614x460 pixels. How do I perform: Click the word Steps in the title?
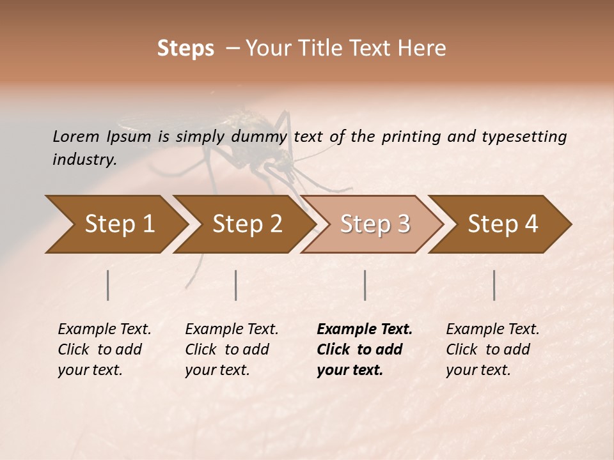pyautogui.click(x=185, y=49)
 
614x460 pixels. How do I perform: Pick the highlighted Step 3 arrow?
pyautogui.click(x=374, y=224)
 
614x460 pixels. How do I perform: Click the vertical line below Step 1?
pyautogui.click(x=107, y=285)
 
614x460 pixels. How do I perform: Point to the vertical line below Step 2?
pyautogui.click(x=236, y=285)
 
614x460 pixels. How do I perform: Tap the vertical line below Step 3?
pyautogui.click(x=365, y=285)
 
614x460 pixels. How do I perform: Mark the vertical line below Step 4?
pyautogui.click(x=494, y=285)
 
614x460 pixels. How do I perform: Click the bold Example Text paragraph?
pyautogui.click(x=365, y=349)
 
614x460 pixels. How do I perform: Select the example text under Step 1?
pyautogui.click(x=104, y=349)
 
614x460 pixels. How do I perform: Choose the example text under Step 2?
pyautogui.click(x=232, y=349)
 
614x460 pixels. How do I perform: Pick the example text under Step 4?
pyautogui.click(x=492, y=349)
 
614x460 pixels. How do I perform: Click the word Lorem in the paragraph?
pyautogui.click(x=76, y=136)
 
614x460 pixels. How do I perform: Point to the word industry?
pyautogui.click(x=84, y=160)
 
